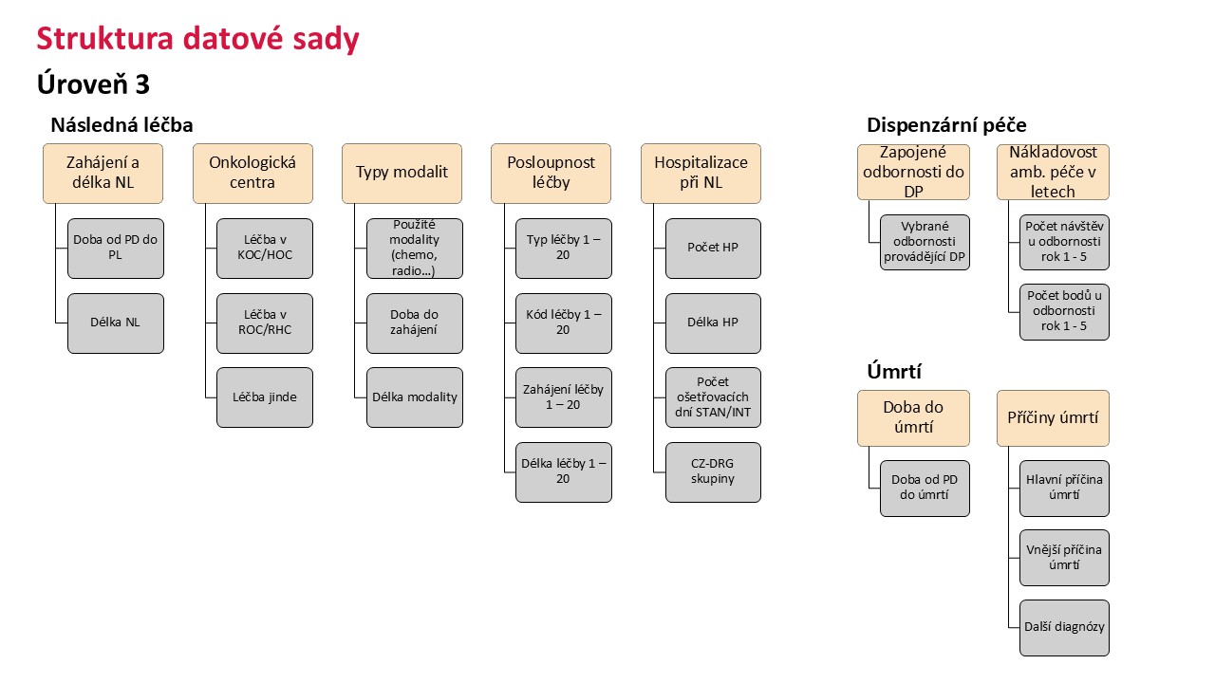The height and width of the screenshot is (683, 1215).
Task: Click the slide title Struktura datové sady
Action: [x=198, y=39]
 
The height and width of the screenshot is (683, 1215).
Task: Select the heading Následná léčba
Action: [x=121, y=125]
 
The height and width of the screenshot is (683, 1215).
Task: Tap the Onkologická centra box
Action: [x=252, y=174]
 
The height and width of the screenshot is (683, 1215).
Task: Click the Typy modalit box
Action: [x=402, y=174]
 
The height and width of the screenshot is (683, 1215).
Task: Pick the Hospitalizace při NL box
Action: [x=701, y=174]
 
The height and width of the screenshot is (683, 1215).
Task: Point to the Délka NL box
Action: [x=116, y=323]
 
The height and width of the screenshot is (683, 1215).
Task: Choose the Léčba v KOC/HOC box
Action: [x=265, y=249]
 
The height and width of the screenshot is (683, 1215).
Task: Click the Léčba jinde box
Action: [x=265, y=397]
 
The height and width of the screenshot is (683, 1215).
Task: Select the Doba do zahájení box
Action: [x=415, y=323]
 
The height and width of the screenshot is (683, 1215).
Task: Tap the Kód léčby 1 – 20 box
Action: [x=564, y=323]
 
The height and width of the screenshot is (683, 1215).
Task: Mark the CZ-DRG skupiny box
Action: [x=713, y=472]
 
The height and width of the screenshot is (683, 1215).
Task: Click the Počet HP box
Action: [x=713, y=249]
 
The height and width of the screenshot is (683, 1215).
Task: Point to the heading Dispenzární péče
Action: [x=946, y=125]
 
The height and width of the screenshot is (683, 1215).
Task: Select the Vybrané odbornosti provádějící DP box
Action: [x=925, y=242]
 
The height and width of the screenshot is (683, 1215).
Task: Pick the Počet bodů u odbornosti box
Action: [x=1064, y=312]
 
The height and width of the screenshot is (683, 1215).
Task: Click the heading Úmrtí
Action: [x=894, y=372]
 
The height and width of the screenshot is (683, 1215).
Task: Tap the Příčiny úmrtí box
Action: [x=1053, y=418]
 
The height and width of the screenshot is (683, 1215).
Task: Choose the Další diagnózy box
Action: [x=1064, y=628]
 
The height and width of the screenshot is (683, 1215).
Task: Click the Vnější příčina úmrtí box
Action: [x=1064, y=558]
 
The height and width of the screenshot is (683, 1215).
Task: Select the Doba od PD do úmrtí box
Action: [x=925, y=489]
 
